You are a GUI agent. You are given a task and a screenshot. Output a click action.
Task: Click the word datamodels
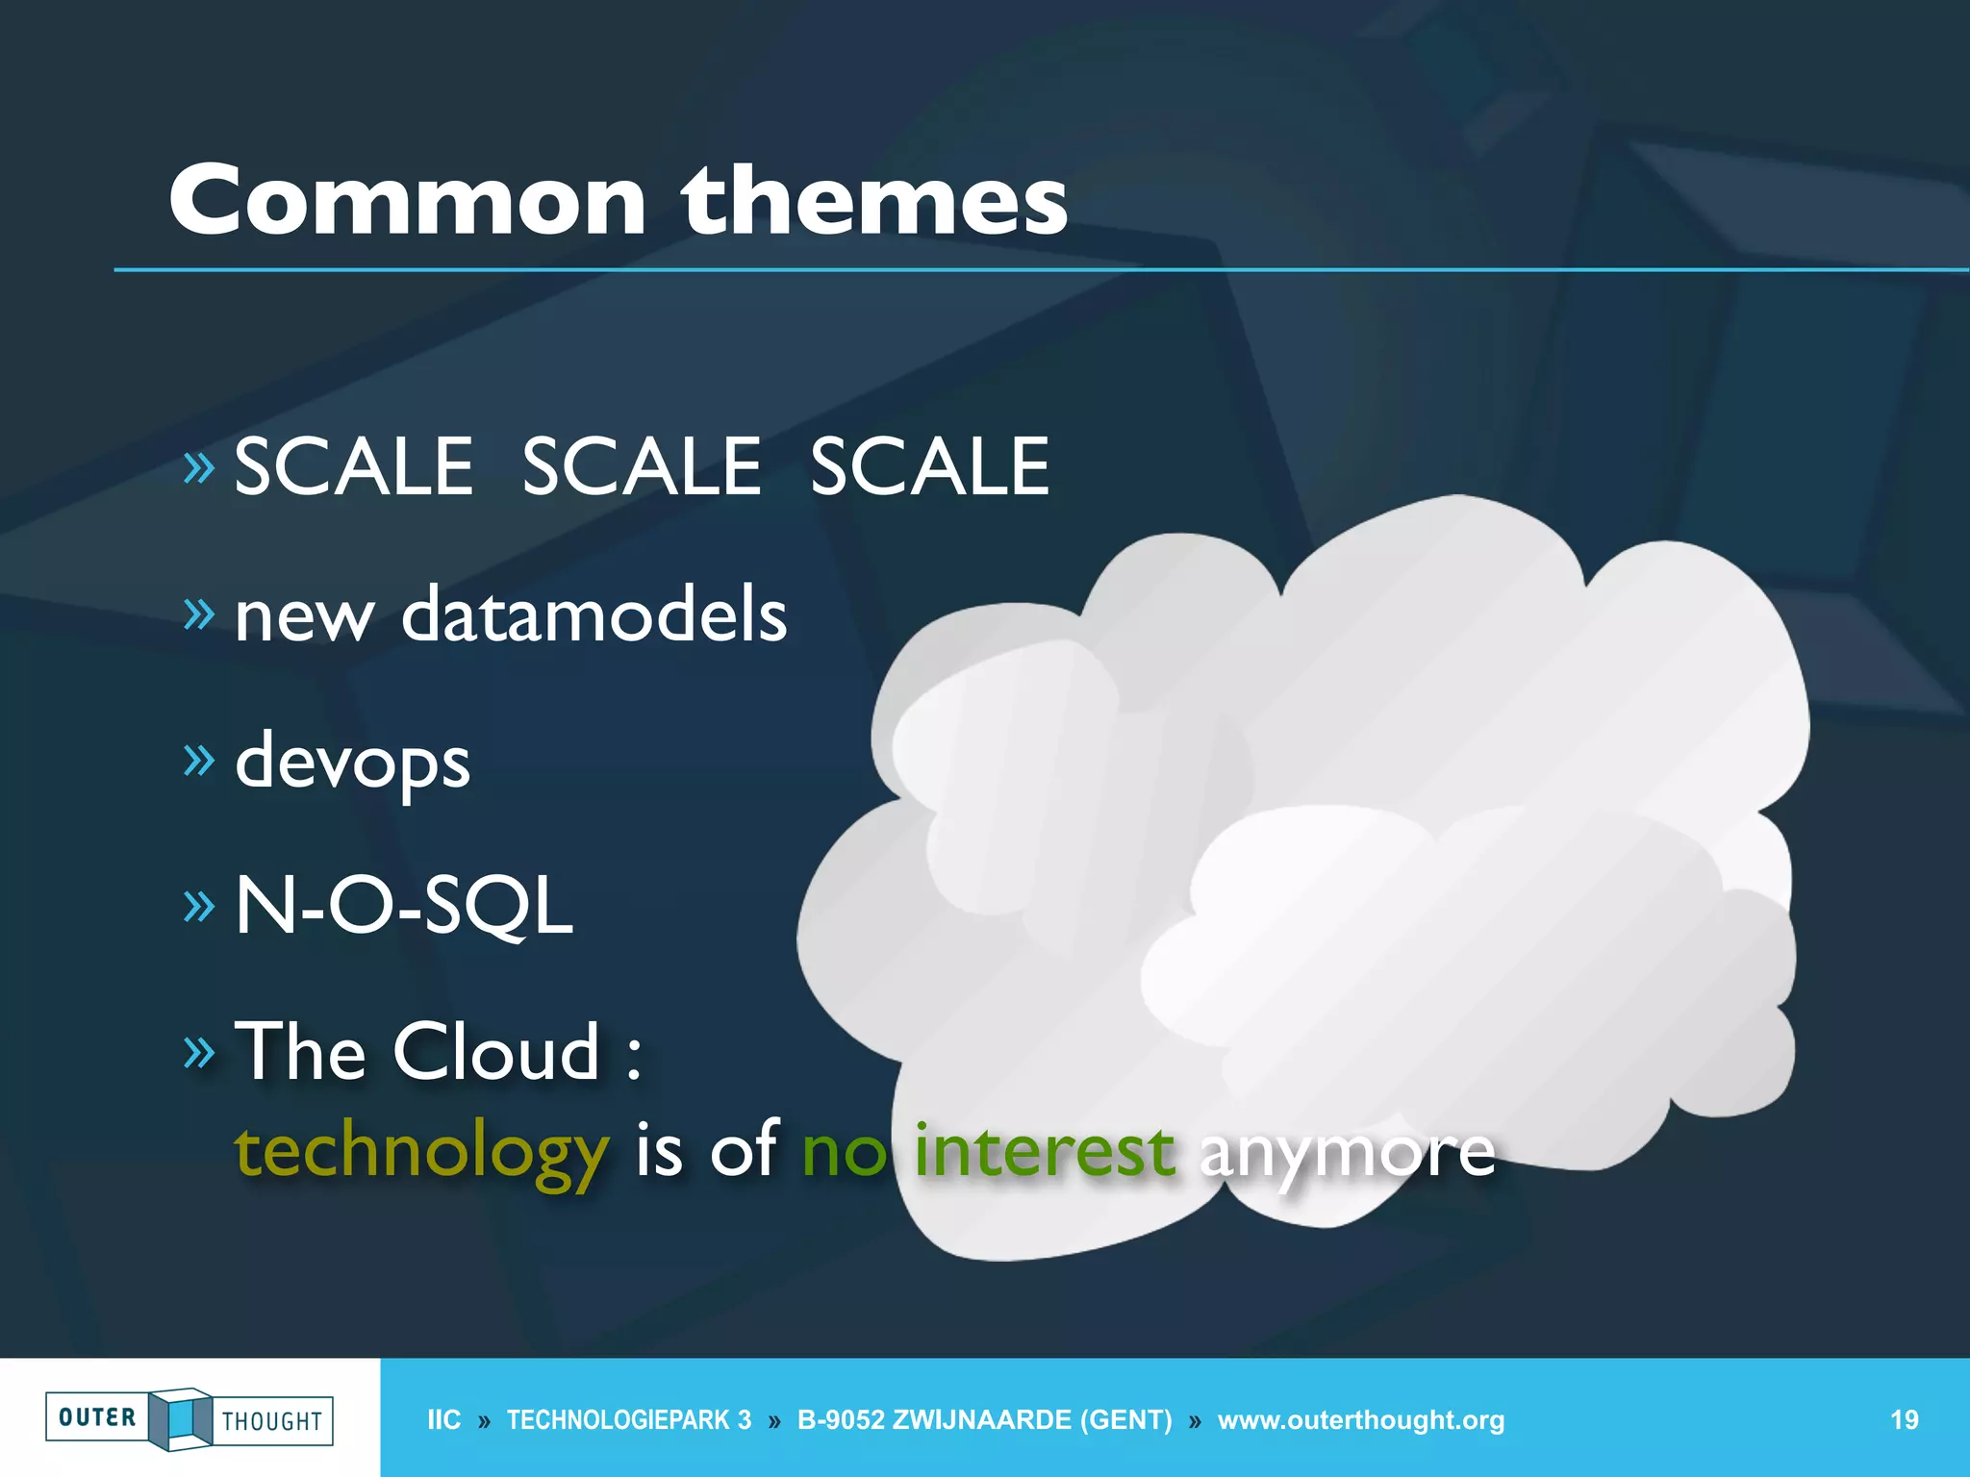pos(594,614)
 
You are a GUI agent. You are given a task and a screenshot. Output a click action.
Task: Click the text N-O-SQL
pos(404,906)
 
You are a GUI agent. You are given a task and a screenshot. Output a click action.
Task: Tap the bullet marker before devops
pos(199,760)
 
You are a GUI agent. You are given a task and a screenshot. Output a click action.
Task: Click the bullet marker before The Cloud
pos(199,1053)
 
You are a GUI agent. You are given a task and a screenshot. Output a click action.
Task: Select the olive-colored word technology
pos(422,1153)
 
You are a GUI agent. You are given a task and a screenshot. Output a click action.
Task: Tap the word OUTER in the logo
pos(97,1417)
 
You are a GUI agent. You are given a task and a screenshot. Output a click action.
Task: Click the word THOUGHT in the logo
pos(272,1421)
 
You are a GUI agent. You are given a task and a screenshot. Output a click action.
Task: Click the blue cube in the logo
pos(180,1419)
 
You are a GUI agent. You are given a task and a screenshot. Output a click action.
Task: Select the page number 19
pos(1904,1420)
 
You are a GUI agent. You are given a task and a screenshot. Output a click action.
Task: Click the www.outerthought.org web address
pos(1360,1420)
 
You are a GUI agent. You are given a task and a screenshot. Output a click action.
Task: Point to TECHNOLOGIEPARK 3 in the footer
pos(629,1420)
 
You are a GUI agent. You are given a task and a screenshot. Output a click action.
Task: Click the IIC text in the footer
pos(443,1420)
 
